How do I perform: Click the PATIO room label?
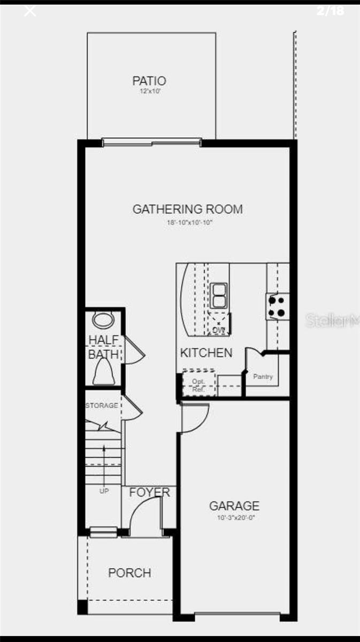[x=149, y=81]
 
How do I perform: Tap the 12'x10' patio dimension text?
[x=149, y=92]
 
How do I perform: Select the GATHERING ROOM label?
[x=187, y=209]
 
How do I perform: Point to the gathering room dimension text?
[x=189, y=221]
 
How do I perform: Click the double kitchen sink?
[x=218, y=295]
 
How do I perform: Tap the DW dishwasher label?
[x=218, y=330]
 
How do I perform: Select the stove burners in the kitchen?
[x=277, y=307]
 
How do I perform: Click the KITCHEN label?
[x=206, y=353]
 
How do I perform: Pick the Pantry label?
[x=263, y=377]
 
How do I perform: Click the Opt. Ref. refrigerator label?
[x=199, y=385]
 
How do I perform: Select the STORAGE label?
[x=102, y=406]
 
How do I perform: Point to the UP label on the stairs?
[x=104, y=491]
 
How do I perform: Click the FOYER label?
[x=150, y=492]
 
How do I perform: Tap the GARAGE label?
[x=234, y=506]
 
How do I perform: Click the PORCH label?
[x=129, y=573]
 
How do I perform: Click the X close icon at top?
[x=30, y=11]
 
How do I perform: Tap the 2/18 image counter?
[x=330, y=11]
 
